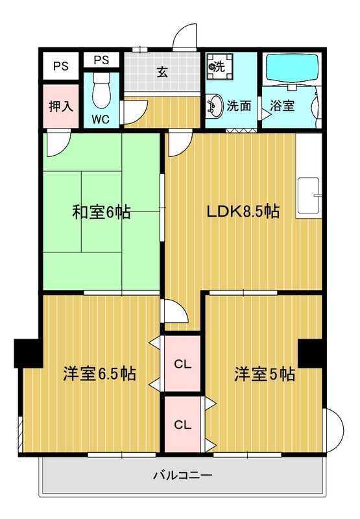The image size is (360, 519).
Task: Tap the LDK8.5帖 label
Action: pos(243,211)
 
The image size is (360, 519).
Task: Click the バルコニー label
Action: pos(182,476)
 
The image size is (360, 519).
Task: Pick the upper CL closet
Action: pos(182,364)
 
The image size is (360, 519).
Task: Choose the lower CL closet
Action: pos(182,425)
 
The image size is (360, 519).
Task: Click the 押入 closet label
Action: pos(61,106)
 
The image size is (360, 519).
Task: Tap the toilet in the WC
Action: pos(101,91)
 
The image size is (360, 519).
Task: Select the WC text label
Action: pos(100,119)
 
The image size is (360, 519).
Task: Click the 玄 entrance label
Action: pos(162,72)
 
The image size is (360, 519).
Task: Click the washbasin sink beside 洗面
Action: pos(214,106)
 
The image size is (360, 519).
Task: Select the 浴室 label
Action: pos(283,106)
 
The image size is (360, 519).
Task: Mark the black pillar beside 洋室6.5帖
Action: pos(28,352)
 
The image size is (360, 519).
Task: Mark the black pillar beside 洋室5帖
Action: pos(311,352)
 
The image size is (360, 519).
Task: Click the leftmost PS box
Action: pos(61,66)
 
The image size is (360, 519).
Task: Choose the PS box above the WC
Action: pos(101,60)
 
